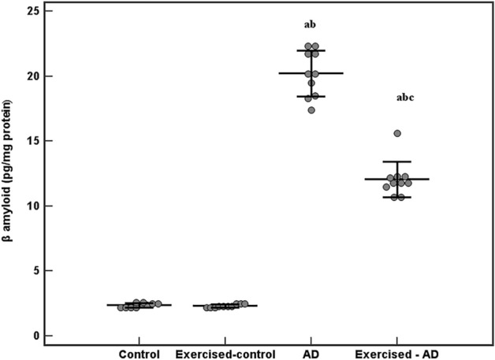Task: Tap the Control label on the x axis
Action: (139, 353)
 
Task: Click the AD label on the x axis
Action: (311, 353)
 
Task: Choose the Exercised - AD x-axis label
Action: (397, 353)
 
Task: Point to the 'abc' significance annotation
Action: (396, 98)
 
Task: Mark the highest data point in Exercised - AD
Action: (397, 134)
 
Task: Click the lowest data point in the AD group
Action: (311, 109)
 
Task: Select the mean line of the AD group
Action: (311, 73)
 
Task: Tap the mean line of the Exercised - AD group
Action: (396, 179)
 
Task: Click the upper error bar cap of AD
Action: (311, 50)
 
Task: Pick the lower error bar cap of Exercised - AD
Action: (396, 197)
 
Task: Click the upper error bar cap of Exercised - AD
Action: (396, 161)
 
